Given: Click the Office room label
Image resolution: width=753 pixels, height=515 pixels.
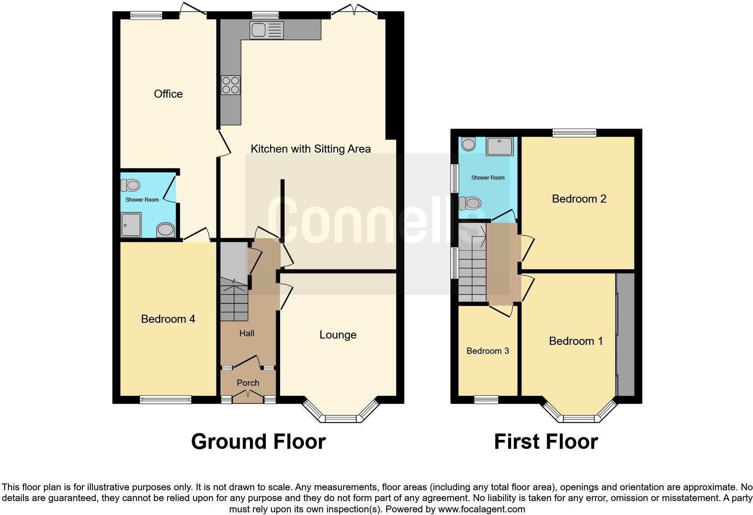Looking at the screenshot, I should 168,94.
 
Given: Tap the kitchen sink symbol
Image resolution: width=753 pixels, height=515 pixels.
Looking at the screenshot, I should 266,30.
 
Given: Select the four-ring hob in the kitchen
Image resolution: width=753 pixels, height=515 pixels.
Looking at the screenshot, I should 230,85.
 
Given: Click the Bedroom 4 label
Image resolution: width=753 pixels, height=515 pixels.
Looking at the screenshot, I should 168,319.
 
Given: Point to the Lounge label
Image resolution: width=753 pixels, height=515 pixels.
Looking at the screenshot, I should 338,335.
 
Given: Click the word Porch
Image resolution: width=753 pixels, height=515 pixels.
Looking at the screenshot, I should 248,383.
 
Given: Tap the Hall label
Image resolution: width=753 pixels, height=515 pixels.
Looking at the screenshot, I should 247,334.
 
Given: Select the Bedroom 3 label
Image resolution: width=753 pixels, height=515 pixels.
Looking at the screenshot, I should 488,351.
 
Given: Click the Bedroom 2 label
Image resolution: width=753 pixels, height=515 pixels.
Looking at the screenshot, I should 579,199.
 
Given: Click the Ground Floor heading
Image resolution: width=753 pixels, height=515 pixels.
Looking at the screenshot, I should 258,442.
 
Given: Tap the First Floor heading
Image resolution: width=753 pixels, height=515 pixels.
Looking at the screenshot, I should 546,442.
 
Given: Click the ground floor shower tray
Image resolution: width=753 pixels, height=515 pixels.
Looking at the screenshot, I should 131,225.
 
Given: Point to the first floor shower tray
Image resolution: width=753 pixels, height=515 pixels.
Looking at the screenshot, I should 499,147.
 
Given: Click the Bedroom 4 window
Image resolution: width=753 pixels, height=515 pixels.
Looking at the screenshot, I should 165,399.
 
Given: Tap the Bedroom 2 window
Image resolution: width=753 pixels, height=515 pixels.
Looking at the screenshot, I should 574,132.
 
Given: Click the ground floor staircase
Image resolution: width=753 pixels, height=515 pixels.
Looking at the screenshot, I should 234,299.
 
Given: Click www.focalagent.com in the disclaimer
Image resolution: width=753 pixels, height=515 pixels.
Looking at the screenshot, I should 481,510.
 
